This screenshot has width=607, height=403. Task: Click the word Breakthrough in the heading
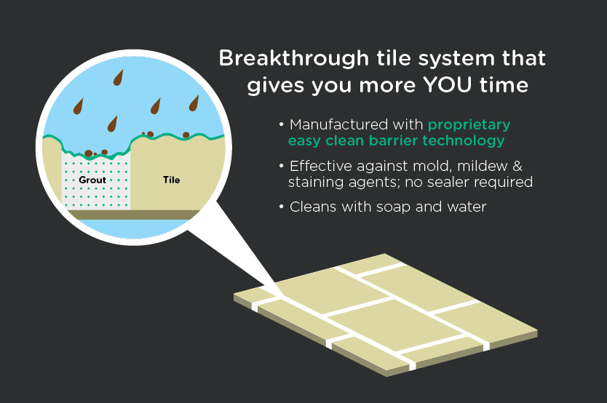pos(294,59)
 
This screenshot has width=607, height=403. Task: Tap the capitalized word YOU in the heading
pos(447,84)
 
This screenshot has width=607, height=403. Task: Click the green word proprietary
pos(469,126)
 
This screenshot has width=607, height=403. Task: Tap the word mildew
pos(482,166)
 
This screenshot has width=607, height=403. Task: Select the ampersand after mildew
pos(517,167)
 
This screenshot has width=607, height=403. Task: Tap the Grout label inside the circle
pos(92,180)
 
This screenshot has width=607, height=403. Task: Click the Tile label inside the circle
pos(172,180)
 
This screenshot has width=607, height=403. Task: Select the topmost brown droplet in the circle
pos(119,77)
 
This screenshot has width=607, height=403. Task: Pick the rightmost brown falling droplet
pos(194,103)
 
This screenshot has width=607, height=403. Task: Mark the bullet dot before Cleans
pos(282,207)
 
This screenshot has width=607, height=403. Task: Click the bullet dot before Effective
pos(282,166)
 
